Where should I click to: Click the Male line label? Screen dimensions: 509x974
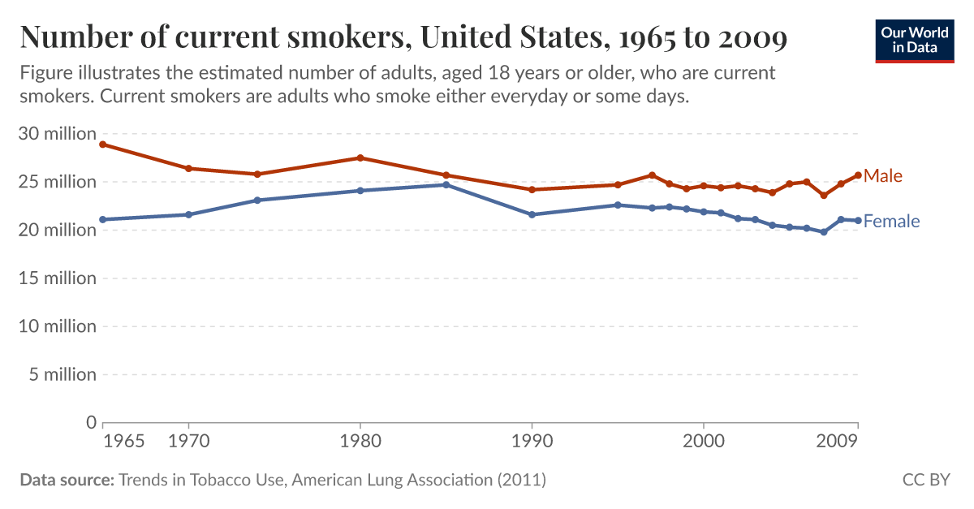pos(883,176)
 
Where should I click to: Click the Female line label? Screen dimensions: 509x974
pos(891,221)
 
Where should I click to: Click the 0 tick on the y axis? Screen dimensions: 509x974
pos(90,422)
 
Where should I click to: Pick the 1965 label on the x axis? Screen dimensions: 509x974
pos(125,442)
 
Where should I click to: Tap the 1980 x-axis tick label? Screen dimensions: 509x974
pos(360,442)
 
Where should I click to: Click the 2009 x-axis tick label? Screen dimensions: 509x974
pos(838,442)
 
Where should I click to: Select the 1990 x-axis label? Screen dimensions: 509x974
pos(532,442)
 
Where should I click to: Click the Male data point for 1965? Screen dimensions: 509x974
pos(103,145)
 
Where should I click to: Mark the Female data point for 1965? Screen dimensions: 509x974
pos(103,219)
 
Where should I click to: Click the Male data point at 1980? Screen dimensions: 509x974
pos(360,157)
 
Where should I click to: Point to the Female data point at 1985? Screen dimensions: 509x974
pos(446,184)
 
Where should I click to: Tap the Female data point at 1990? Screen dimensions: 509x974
pos(532,214)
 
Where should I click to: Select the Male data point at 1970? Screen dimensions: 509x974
pos(188,168)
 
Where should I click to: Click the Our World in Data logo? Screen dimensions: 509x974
pos(914,40)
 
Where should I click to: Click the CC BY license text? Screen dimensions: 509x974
pos(925,480)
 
